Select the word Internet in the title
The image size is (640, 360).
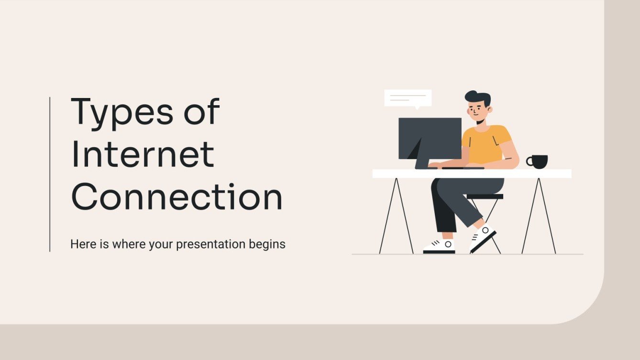tap(143, 154)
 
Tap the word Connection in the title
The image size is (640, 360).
tap(177, 197)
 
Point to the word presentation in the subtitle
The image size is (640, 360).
tap(211, 245)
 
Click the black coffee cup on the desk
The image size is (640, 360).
tap(539, 162)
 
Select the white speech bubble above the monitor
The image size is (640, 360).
tap(408, 98)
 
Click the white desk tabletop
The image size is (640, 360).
tap(526, 174)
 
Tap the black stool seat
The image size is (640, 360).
tap(485, 196)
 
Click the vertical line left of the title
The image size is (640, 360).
tap(50, 174)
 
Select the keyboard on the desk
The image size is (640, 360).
tap(463, 168)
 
